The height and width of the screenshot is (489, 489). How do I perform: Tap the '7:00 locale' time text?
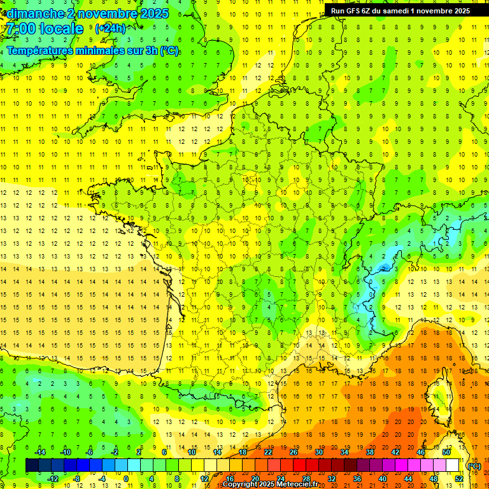[x=45, y=29]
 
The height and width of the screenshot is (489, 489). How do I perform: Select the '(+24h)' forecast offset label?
[x=110, y=28]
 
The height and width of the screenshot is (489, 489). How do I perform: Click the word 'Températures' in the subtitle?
[x=41, y=51]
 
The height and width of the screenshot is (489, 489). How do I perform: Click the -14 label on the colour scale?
[x=40, y=451]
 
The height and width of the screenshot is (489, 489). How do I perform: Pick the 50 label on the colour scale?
[x=446, y=451]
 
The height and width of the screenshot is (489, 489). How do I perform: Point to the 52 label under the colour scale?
[x=459, y=478]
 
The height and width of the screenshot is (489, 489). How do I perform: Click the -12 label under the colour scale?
[x=53, y=478]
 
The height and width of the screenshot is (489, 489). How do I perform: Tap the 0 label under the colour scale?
[x=127, y=478]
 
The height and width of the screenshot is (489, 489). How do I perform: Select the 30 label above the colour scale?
[x=319, y=451]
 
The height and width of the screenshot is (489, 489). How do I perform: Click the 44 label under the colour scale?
[x=408, y=478]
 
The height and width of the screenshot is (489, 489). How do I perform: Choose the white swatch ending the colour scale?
[x=452, y=465]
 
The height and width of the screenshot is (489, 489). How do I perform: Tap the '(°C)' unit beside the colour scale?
[x=474, y=465]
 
